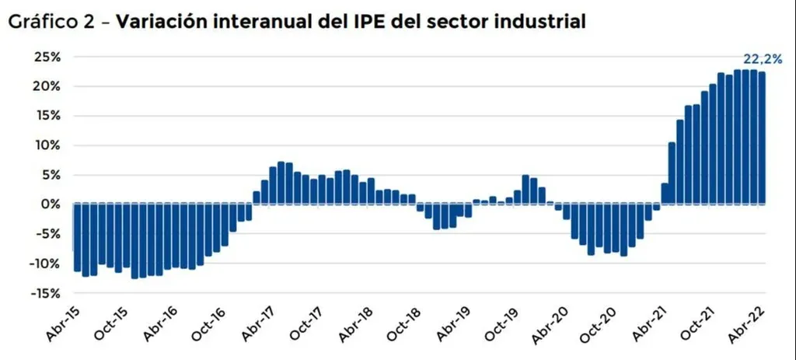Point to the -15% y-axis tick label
pyautogui.click(x=44, y=293)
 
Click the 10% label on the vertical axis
pyautogui.click(x=47, y=145)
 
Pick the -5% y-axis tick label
pyautogui.click(x=47, y=234)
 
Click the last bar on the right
pyautogui.click(x=762, y=138)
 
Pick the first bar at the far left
pyautogui.click(x=77, y=237)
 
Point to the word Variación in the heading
pyautogui.click(x=159, y=23)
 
